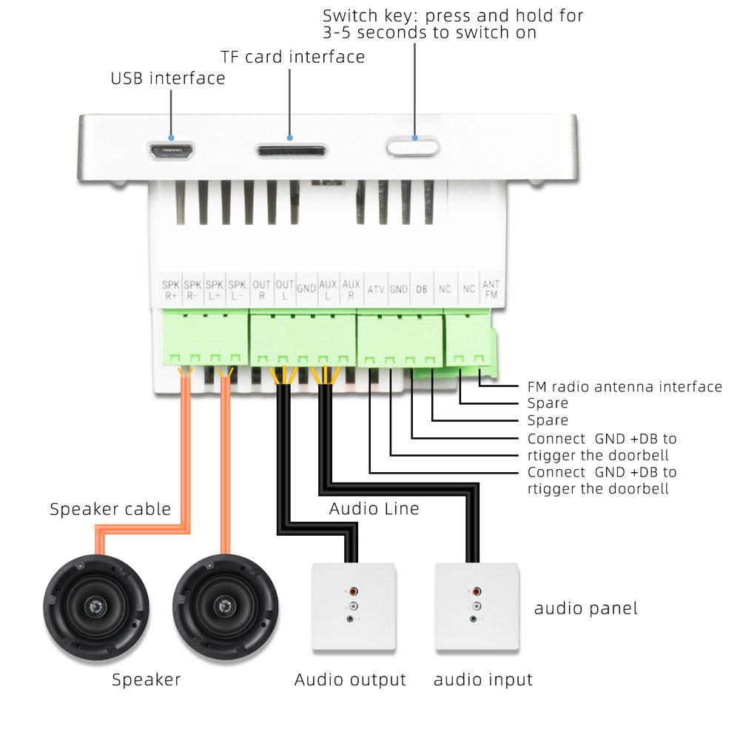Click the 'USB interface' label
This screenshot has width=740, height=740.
(x=168, y=78)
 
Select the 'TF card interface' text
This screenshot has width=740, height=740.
(x=293, y=57)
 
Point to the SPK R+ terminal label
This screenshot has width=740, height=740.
(x=171, y=289)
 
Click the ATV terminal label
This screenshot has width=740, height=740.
(x=376, y=289)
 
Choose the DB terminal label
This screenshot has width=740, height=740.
(x=421, y=289)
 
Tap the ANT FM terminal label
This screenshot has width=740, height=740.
(x=491, y=289)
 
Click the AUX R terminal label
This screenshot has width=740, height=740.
(x=351, y=289)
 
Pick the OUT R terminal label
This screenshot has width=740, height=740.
(x=261, y=289)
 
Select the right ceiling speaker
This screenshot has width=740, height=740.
(x=225, y=607)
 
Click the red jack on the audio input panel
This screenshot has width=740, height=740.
(x=477, y=592)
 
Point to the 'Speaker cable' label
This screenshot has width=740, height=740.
(x=110, y=509)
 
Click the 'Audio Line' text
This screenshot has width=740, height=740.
(x=374, y=509)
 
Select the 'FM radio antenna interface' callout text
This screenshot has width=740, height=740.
(x=625, y=386)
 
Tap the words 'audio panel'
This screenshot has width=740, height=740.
(x=585, y=609)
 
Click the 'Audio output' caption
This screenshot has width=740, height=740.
(x=350, y=679)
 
